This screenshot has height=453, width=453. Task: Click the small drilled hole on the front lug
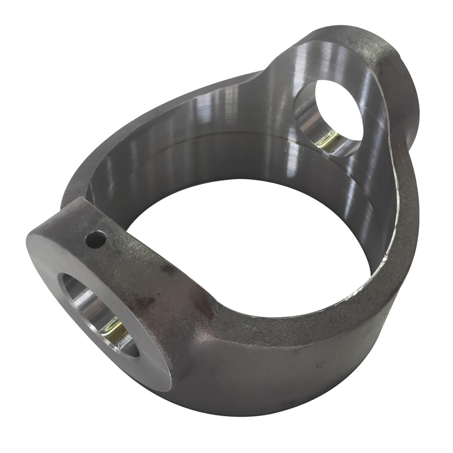click(x=95, y=240)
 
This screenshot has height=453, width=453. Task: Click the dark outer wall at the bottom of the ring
click(x=272, y=379)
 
